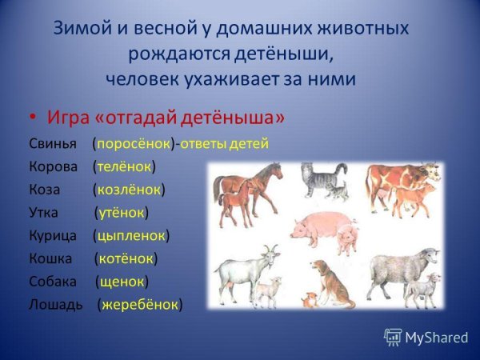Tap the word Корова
point(54,167)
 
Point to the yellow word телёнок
point(124,167)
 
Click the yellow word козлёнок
point(129,190)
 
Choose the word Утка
point(46,213)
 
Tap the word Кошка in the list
point(50,258)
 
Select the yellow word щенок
point(122,282)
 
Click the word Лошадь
point(55,305)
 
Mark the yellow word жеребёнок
point(140,305)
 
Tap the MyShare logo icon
point(393,336)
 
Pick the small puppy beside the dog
point(307,301)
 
